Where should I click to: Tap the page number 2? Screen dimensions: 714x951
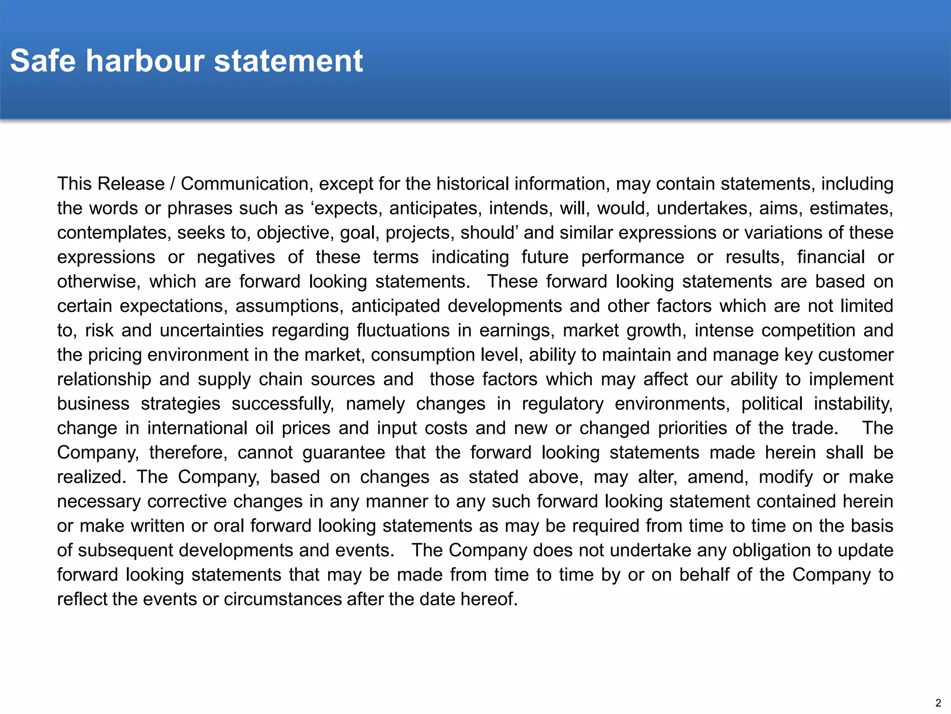pos(938,703)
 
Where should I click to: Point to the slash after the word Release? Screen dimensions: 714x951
pos(172,184)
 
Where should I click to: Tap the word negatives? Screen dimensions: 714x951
pos(236,257)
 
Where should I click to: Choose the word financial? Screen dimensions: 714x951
pos(831,257)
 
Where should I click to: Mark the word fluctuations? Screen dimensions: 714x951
pos(403,331)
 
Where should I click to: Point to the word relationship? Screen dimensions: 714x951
pos(104,379)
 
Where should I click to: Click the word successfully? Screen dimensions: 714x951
pos(283,404)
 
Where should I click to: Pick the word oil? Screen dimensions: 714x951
pos(264,428)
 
